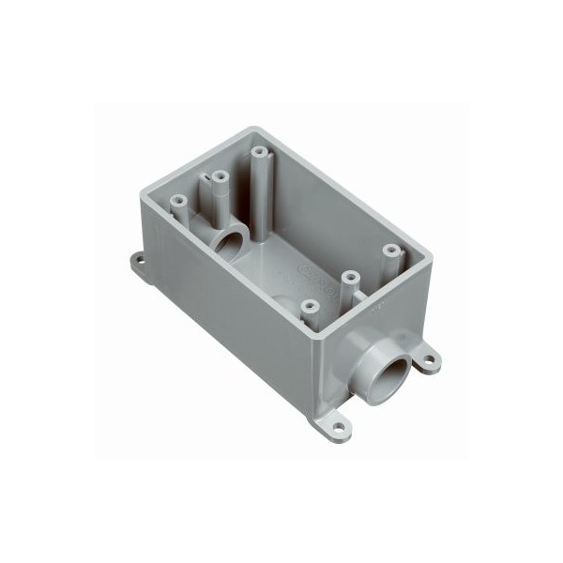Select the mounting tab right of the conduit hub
pos(428,358)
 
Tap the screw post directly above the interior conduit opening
pos(220,177)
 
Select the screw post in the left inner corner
pos(177,200)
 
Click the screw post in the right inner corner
pos(388,251)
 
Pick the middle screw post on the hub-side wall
pos(349,278)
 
